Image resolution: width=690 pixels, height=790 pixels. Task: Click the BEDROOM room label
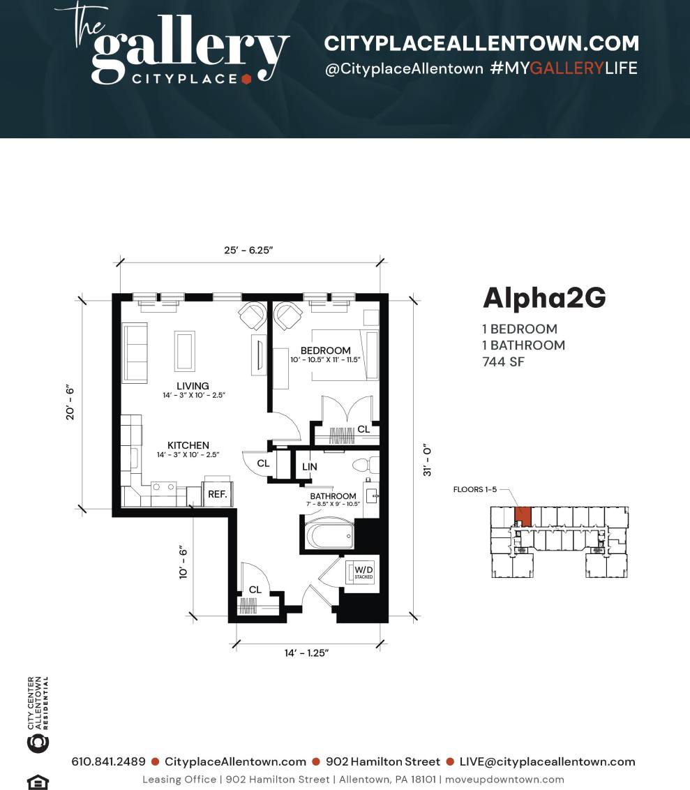click(x=325, y=350)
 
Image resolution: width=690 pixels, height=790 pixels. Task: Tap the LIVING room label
click(x=193, y=386)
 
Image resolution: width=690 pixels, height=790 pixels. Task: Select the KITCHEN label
click(x=188, y=445)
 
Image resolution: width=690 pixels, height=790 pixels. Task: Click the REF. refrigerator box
click(x=217, y=493)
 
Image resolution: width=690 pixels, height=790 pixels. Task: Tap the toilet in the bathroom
click(x=364, y=465)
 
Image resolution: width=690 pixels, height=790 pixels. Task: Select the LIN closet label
click(x=310, y=466)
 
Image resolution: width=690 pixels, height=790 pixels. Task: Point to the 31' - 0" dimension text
click(x=428, y=460)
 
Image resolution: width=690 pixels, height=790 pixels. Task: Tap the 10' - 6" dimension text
click(x=183, y=562)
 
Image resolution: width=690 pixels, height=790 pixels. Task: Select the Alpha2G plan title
click(x=544, y=298)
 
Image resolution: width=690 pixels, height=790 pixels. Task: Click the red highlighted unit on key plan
click(x=523, y=517)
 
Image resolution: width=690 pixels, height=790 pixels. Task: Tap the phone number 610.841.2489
click(x=108, y=761)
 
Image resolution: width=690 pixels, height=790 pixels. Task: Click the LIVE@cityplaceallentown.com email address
click(x=547, y=761)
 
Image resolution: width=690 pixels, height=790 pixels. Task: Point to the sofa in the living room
click(x=135, y=352)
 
